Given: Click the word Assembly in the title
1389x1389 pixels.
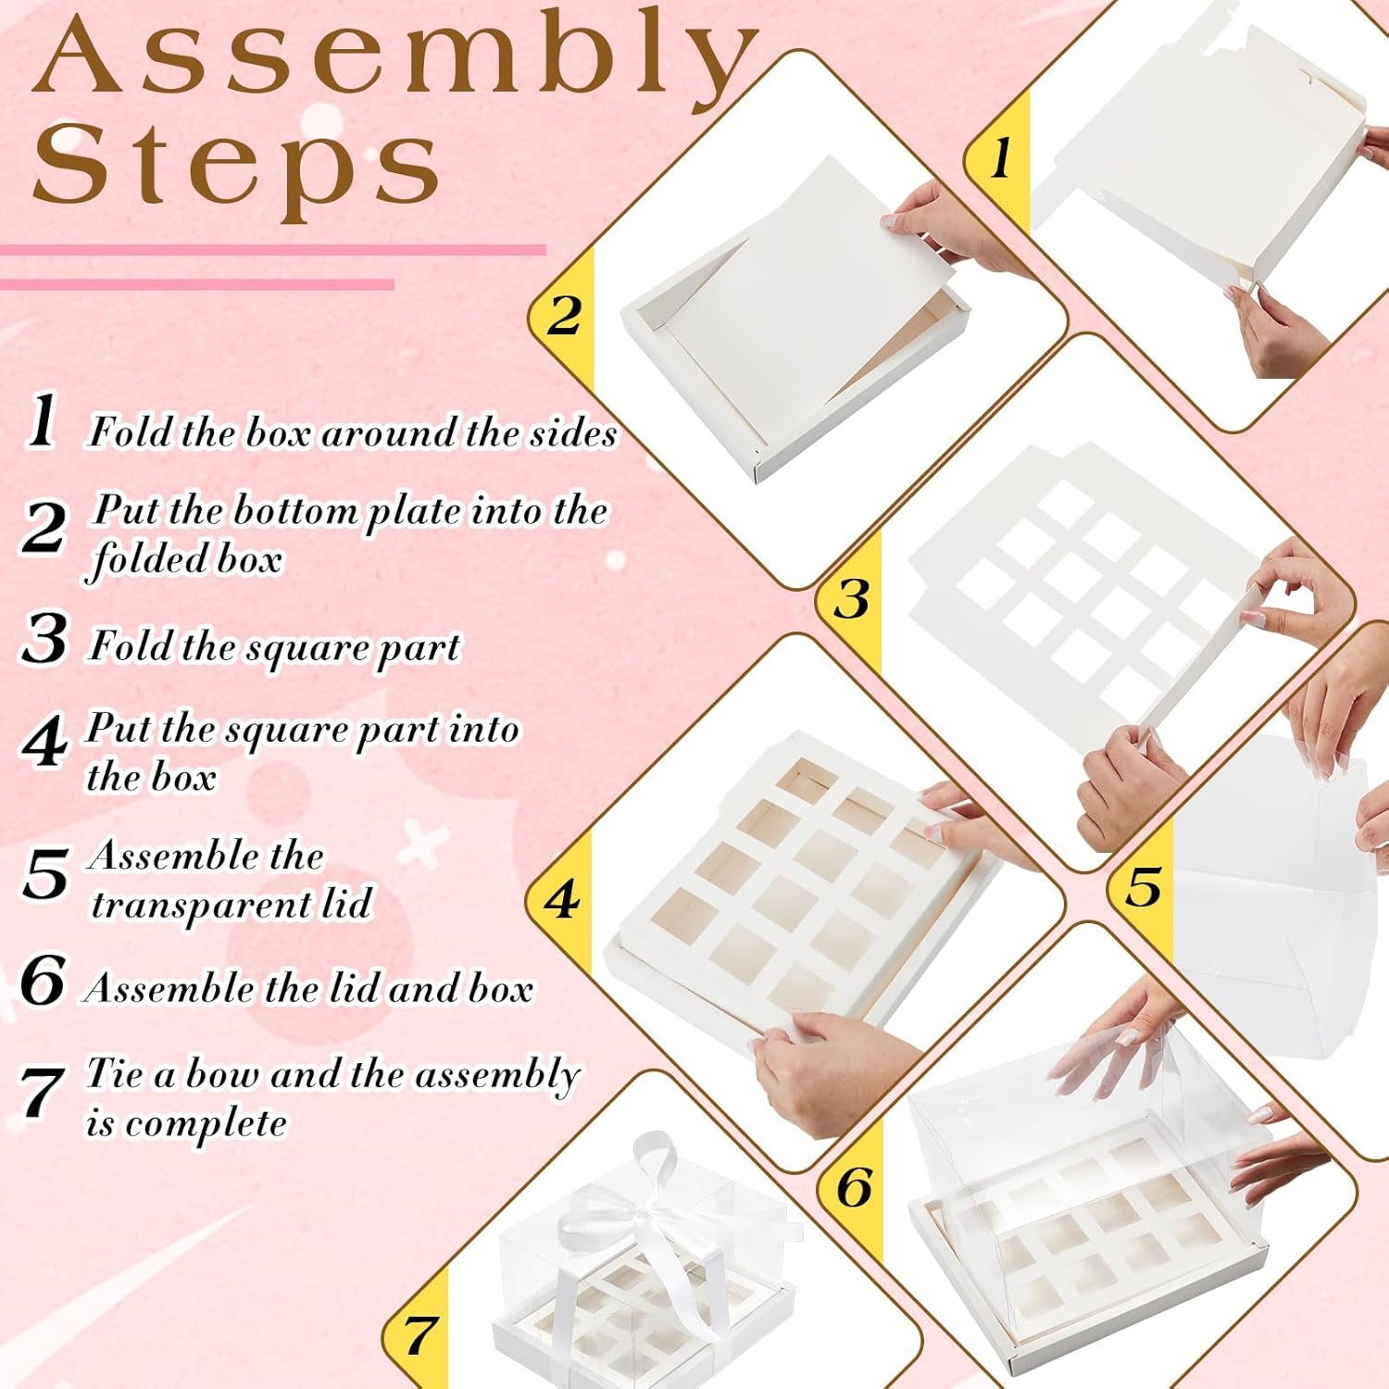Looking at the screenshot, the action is coord(394,57).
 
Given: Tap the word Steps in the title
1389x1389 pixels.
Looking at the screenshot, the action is coord(236,167).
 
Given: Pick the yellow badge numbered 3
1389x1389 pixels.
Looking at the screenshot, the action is coord(850,598).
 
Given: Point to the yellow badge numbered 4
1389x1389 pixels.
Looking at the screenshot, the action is coord(560,899).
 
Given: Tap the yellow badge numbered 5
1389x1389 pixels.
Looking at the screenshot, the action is coord(1143,887).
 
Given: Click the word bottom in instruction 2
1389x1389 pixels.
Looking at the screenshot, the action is coord(294,511).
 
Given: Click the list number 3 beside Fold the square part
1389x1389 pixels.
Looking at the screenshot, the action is coord(44,639).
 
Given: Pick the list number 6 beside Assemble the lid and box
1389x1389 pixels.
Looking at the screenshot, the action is coord(43,980).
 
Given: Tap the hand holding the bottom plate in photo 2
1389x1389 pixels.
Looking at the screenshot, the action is coord(945,227).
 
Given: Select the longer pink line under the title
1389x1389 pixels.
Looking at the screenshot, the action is coord(273,250).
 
